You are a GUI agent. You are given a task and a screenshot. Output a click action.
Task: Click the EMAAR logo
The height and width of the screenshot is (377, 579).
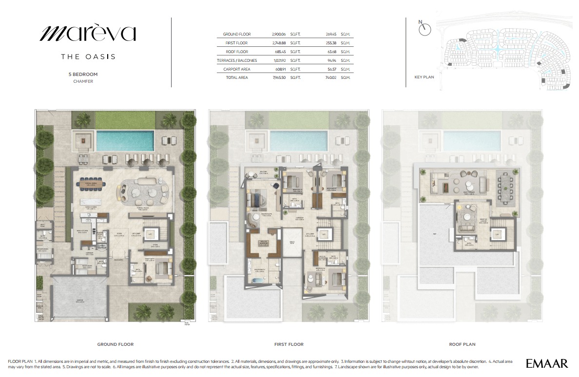pyautogui.click(x=547, y=363)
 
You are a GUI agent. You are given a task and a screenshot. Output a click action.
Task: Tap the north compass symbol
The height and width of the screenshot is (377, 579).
pyautogui.click(x=425, y=29)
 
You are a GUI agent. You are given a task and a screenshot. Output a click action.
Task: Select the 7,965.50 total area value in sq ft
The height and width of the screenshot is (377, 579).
pyautogui.click(x=279, y=78)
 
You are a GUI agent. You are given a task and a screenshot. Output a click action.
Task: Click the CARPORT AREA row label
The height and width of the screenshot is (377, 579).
pyautogui.click(x=237, y=69)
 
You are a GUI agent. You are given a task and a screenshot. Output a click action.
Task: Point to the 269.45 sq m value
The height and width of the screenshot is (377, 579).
pyautogui.click(x=332, y=34)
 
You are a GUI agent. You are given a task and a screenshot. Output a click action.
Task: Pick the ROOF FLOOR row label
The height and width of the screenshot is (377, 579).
pyautogui.click(x=237, y=52)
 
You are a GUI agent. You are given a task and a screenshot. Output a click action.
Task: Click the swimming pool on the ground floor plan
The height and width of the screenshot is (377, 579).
pyautogui.click(x=125, y=141)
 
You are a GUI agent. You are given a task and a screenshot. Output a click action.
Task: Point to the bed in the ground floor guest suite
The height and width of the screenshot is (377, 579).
pyautogui.click(x=162, y=269)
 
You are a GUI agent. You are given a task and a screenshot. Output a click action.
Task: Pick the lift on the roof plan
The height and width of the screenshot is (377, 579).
pyautogui.click(x=497, y=234)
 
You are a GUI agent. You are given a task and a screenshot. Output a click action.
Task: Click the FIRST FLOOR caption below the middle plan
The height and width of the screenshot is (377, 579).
pyautogui.click(x=289, y=344)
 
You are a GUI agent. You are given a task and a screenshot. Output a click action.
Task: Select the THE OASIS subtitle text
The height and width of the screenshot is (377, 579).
pyautogui.click(x=88, y=57)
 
